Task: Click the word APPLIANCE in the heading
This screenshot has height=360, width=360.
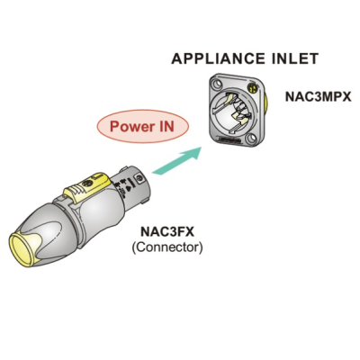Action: point(218,58)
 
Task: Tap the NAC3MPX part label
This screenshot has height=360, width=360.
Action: point(318,96)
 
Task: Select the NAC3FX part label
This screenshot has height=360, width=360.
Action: point(167,232)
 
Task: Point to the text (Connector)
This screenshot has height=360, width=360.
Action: point(167,247)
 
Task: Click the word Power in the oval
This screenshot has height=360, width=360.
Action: point(128,126)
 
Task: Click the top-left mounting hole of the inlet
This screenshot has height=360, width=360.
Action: point(217,84)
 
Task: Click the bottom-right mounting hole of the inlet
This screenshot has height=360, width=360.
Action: point(250,139)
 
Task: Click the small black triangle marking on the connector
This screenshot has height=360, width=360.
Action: point(127,189)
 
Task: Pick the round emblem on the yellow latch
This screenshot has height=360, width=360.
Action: point(87,184)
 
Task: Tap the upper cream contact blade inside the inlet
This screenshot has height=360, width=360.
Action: point(230,98)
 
